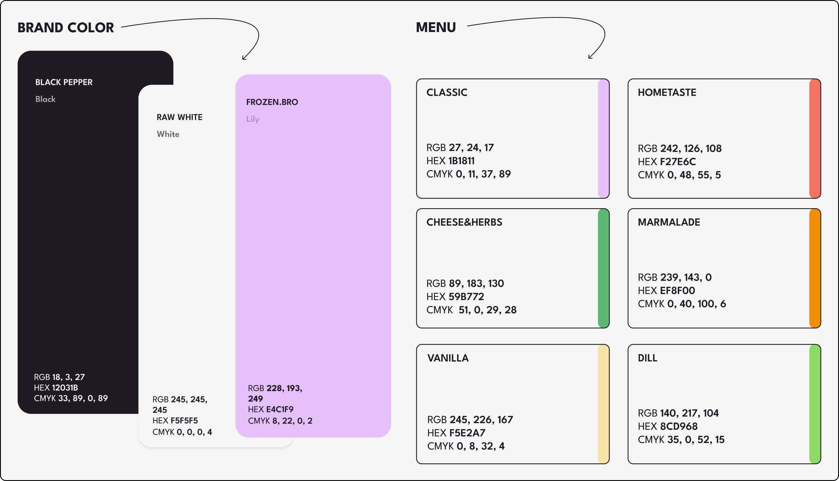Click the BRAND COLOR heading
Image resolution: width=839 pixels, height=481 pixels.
tap(66, 28)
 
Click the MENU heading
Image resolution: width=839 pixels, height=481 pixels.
tap(436, 27)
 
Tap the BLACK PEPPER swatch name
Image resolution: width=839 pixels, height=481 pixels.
tap(64, 82)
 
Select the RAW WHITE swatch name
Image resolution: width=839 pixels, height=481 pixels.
tap(179, 117)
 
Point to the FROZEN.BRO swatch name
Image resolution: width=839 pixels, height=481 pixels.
tap(272, 102)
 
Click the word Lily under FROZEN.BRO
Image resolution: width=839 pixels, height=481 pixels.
tap(253, 119)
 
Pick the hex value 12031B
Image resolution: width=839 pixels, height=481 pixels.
tap(65, 388)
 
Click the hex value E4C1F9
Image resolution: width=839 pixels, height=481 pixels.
tap(280, 409)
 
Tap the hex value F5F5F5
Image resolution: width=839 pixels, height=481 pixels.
tap(184, 421)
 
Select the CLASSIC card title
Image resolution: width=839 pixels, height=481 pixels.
tap(447, 92)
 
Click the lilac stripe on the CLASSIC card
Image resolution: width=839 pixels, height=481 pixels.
tap(603, 138)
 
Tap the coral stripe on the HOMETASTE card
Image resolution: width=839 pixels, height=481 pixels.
tap(815, 138)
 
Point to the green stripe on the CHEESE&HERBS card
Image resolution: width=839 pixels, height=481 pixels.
tap(603, 268)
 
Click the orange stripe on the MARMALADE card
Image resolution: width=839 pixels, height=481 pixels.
tap(815, 268)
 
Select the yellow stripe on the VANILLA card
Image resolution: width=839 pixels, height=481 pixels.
tap(603, 404)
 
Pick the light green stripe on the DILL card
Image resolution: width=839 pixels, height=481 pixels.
tap(815, 404)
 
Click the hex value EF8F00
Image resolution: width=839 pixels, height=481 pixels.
tap(677, 291)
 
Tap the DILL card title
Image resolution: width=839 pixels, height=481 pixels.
tap(647, 358)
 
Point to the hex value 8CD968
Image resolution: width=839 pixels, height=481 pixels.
tap(679, 426)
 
